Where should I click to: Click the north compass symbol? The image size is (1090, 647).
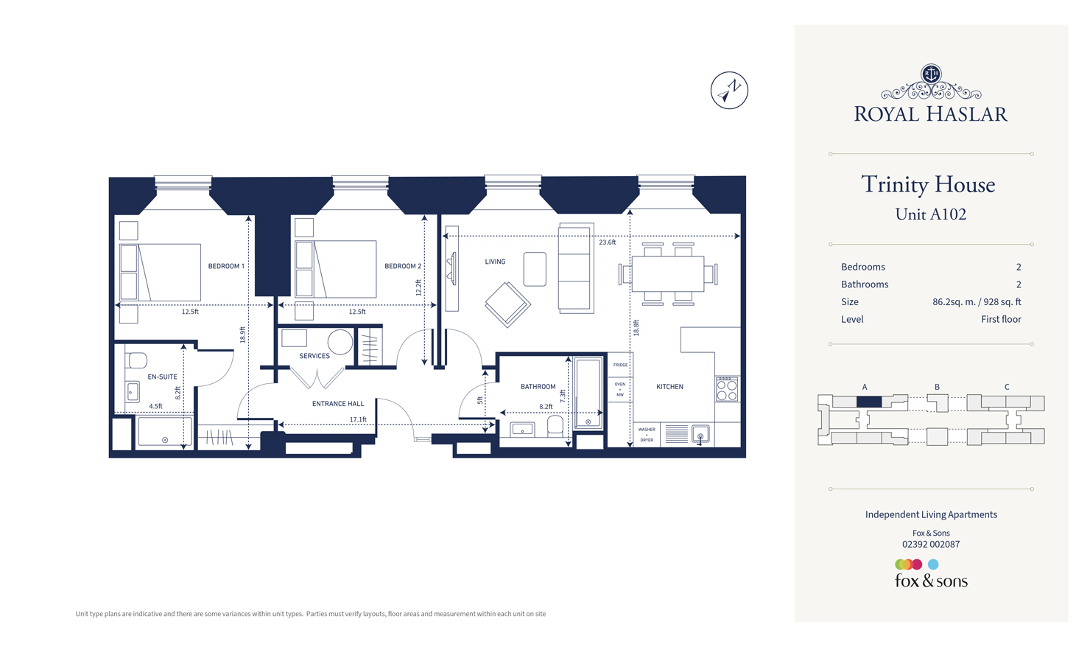click(x=729, y=91)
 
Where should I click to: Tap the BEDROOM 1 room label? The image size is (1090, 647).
click(x=226, y=266)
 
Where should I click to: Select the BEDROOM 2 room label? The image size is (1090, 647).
click(x=403, y=266)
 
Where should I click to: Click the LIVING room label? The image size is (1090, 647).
click(x=495, y=262)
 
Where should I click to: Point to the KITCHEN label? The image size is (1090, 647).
click(x=669, y=386)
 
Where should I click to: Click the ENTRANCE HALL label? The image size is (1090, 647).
click(x=338, y=404)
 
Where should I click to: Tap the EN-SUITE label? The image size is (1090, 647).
click(x=162, y=377)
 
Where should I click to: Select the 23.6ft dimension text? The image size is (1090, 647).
click(x=607, y=242)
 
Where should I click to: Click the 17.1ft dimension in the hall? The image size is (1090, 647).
click(x=358, y=419)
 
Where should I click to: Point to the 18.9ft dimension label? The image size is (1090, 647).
click(x=242, y=335)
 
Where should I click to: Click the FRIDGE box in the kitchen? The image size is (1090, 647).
click(x=620, y=365)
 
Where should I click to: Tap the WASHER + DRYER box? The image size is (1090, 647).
click(x=647, y=435)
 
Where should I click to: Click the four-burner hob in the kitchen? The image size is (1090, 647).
click(x=727, y=389)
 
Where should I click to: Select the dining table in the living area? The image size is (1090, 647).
click(x=668, y=274)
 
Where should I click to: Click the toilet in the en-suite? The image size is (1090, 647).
click(x=137, y=360)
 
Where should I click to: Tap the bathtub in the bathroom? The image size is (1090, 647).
click(x=588, y=394)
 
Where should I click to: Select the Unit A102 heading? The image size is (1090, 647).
click(x=930, y=214)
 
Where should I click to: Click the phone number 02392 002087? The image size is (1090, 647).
click(x=931, y=545)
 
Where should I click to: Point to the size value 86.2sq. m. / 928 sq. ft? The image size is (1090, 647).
click(x=977, y=302)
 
